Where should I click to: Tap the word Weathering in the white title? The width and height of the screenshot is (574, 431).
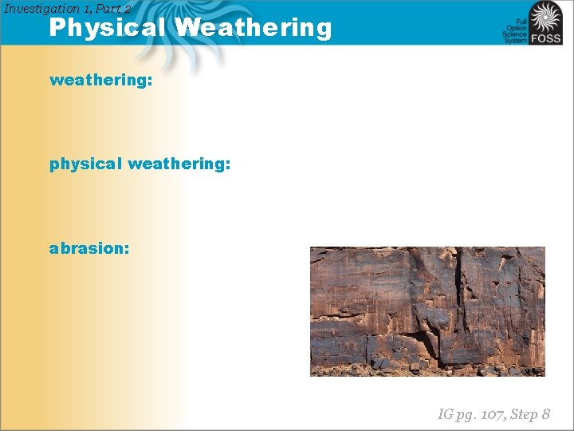pyautogui.click(x=254, y=28)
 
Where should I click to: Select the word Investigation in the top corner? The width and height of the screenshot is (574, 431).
pyautogui.click(x=45, y=8)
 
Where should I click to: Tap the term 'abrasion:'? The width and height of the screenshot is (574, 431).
pyautogui.click(x=89, y=248)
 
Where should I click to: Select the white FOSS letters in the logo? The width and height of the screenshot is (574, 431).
pyautogui.click(x=547, y=38)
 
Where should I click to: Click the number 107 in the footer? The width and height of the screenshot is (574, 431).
pyautogui.click(x=484, y=413)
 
